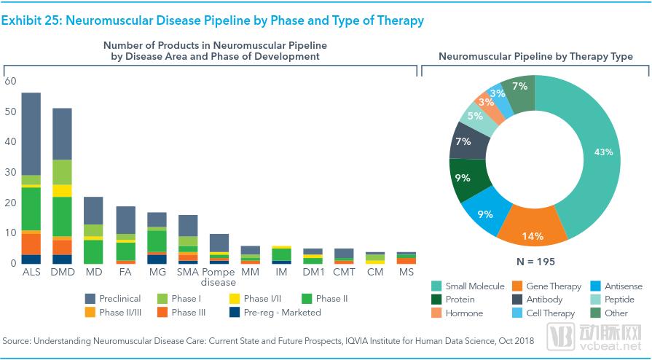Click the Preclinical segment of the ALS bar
pos(31,133)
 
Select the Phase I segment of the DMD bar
pos(63,172)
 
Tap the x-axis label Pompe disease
pos(219,277)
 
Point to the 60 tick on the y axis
pos(10,81)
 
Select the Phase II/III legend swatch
pos(90,312)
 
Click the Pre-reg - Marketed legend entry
pos(275,312)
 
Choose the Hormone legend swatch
pos(436,313)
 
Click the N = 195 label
pos(535,262)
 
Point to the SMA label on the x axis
pos(187,272)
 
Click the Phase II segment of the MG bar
pos(157,241)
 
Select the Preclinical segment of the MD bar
pos(93,211)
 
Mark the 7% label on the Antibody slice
pos(463,141)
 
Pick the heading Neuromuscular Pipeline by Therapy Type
pos(535,56)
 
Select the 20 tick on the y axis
pos(10,203)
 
